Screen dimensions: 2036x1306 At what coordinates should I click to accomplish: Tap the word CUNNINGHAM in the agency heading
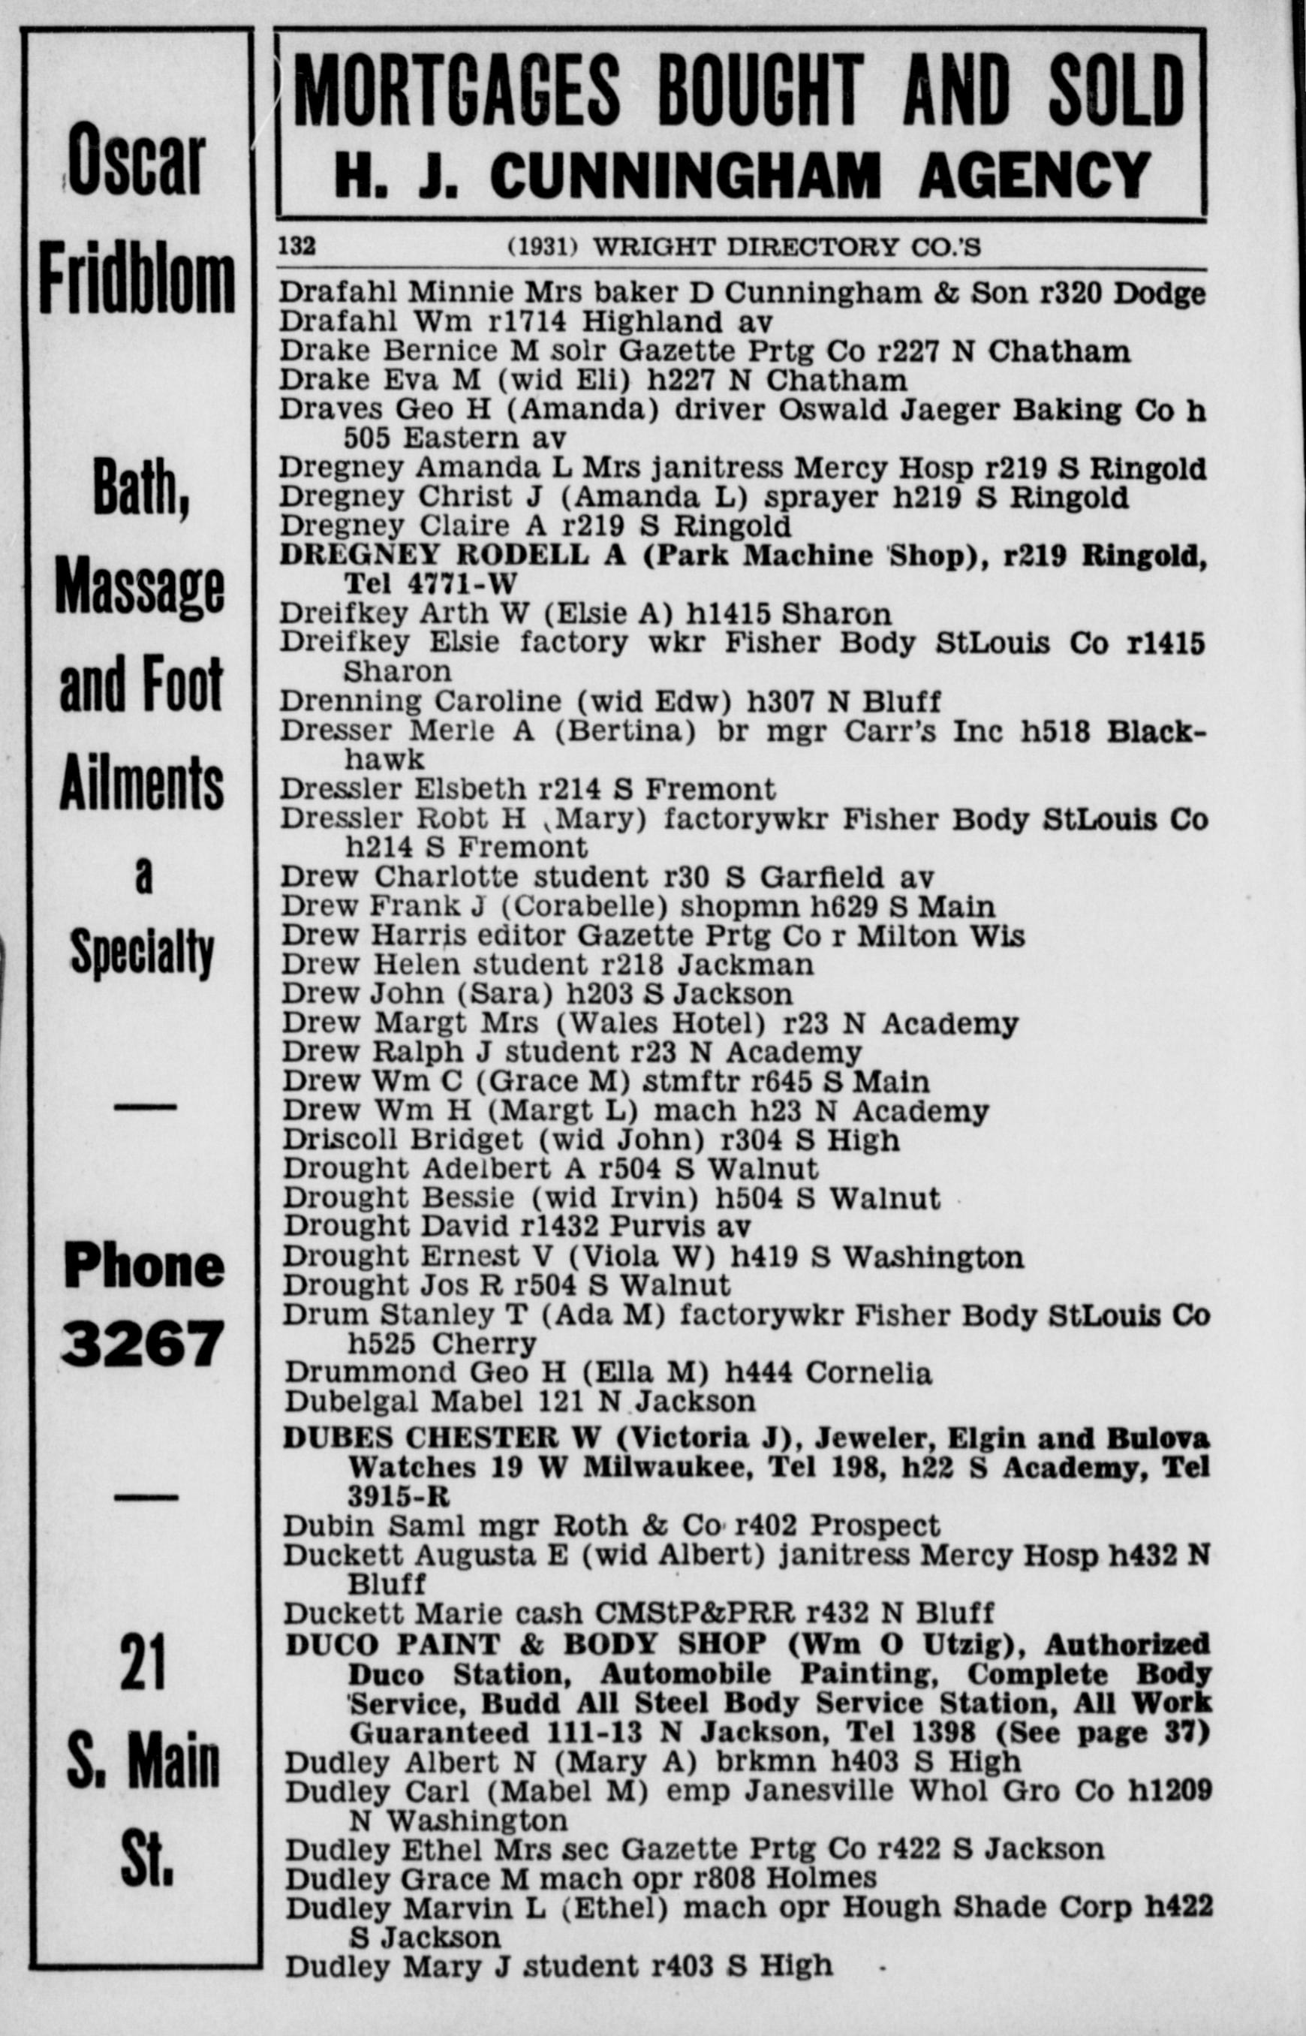coord(685,176)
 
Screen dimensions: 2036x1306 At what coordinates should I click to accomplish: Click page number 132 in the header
coord(296,246)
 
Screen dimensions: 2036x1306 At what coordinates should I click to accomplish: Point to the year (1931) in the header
coord(542,247)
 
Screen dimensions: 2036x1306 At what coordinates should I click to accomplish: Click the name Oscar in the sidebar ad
coord(137,160)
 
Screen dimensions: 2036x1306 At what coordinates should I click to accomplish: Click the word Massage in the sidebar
coord(140,589)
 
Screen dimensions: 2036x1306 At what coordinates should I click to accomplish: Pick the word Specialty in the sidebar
coord(142,952)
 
